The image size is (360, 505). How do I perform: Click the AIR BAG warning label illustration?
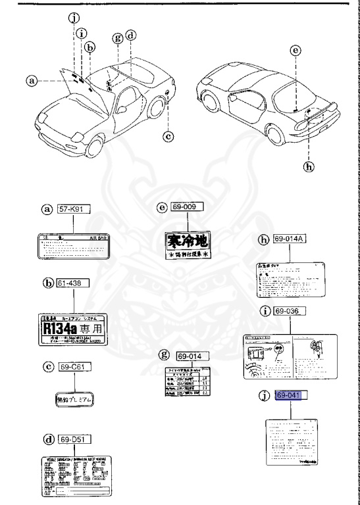(x=73, y=247)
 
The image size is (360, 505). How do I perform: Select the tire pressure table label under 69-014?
(x=190, y=381)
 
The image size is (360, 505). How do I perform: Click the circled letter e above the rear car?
(x=296, y=50)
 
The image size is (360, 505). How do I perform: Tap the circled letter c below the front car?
(x=168, y=137)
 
